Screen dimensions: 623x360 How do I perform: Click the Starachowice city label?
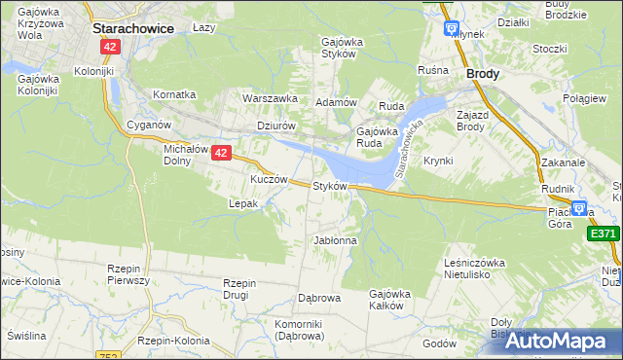tap(133, 29)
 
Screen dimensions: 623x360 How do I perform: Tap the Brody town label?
tap(484, 73)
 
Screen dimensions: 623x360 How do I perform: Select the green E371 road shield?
tap(604, 234)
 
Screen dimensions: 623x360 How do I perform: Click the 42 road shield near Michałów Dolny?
tap(221, 153)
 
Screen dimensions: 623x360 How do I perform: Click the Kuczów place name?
tap(269, 180)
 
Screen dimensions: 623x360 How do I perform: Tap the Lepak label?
tap(242, 204)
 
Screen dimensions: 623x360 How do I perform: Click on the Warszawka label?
tap(270, 98)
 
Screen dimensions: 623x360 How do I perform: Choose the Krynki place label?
tap(439, 161)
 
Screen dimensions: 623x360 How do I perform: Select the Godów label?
tap(439, 343)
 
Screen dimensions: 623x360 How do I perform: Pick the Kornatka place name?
tap(174, 94)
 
